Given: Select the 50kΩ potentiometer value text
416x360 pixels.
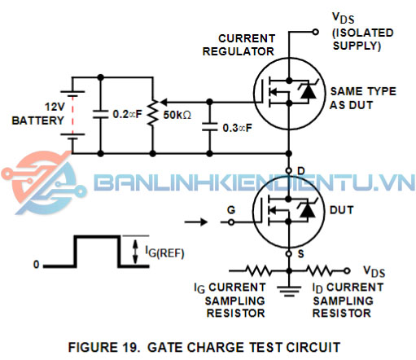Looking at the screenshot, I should (x=177, y=115).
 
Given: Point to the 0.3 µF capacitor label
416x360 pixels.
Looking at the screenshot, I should (x=238, y=128).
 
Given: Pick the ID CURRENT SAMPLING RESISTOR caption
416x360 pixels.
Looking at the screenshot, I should (x=341, y=300).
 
